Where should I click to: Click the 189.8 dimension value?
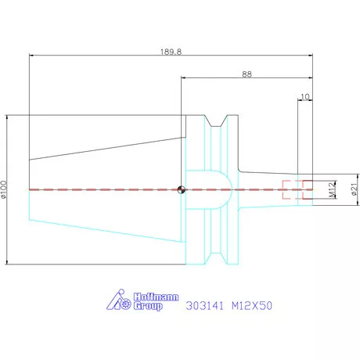click(171, 52)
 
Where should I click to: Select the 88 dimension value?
click(247, 74)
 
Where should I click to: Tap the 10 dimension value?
click(304, 97)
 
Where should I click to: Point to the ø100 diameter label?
click(4, 189)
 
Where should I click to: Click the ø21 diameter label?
click(354, 189)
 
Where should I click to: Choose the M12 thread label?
click(331, 190)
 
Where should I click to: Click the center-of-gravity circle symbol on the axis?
click(181, 189)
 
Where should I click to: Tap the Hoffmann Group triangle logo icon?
click(119, 300)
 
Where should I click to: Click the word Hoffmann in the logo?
click(156, 297)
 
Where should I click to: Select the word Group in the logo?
click(148, 306)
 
